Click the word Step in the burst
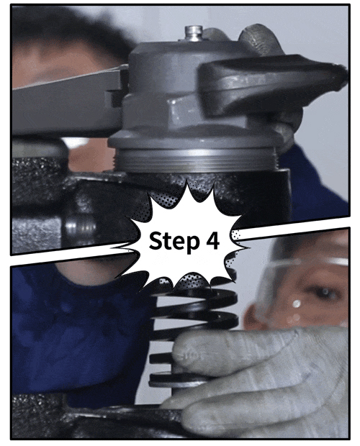pyautogui.click(x=174, y=241)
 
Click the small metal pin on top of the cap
pyautogui.click(x=194, y=33)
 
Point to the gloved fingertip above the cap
pyautogui.click(x=258, y=38)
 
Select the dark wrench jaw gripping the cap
pyautogui.click(x=270, y=83)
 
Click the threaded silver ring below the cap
pyautogui.click(x=196, y=160)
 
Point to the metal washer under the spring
pyautogui.click(x=176, y=381)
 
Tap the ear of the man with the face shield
pyautogui.click(x=251, y=316)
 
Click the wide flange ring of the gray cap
pyautogui.click(x=196, y=140)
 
